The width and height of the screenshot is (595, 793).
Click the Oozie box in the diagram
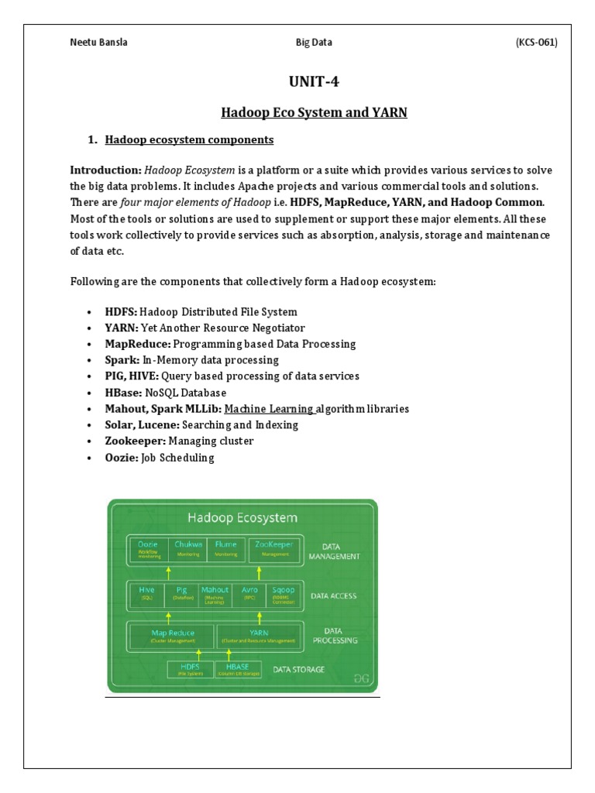point(149,548)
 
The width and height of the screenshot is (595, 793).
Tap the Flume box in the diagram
point(226,548)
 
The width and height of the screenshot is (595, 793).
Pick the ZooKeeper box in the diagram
point(274,548)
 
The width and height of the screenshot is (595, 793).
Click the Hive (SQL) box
point(147,593)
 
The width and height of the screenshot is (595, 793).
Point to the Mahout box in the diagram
point(215,593)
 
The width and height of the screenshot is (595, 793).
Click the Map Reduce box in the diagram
point(173,637)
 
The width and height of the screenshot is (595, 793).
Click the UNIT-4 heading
point(313,82)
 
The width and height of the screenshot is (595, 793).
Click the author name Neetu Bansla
point(99,43)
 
